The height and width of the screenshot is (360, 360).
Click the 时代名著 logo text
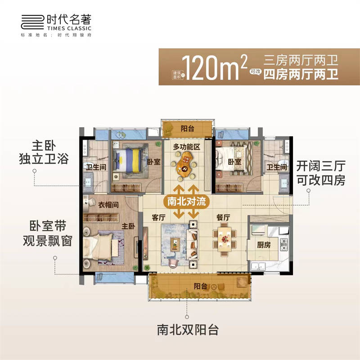tap(71, 20)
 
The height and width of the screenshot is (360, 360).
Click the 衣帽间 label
tap(109, 204)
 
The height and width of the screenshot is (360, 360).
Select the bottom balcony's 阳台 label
tap(201, 286)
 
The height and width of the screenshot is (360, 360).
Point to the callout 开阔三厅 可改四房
tap(320, 173)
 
